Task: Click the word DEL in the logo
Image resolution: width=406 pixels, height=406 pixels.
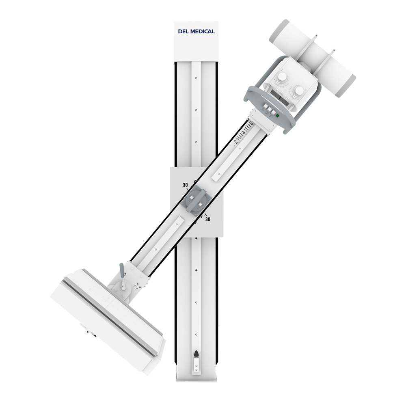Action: click(184, 31)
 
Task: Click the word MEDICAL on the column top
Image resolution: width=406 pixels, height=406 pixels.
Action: click(203, 31)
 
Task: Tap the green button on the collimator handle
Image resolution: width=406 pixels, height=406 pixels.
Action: click(277, 116)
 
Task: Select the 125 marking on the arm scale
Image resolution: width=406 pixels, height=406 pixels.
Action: click(251, 124)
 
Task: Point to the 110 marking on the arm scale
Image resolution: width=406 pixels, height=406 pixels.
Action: click(243, 133)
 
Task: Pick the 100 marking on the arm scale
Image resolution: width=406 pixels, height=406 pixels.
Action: click(235, 142)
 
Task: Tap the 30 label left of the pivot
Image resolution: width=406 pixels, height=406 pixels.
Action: click(185, 185)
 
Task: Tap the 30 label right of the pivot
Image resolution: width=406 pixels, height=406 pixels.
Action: click(208, 219)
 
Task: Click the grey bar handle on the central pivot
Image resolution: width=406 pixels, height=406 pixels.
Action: click(196, 199)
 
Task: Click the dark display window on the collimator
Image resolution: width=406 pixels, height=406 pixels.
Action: click(285, 98)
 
